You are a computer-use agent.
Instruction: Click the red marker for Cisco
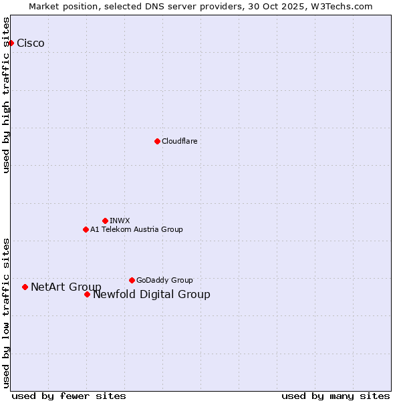coord(11,43)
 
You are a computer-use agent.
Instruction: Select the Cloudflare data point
coord(157,141)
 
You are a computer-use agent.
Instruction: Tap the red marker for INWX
coord(105,221)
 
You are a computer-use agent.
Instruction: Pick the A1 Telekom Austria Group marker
coord(86,229)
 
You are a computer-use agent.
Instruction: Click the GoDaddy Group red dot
coord(132,280)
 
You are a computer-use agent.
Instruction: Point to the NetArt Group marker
coord(25,287)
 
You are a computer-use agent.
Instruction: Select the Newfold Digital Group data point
coord(87,294)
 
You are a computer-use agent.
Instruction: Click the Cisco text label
coord(31,43)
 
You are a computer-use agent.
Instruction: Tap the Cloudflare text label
coord(180,141)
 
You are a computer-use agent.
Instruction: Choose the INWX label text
coord(120,221)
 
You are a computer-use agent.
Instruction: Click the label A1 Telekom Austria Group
coord(136,229)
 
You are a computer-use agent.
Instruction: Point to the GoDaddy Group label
coord(164,280)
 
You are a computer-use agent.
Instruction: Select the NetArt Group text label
coord(66,287)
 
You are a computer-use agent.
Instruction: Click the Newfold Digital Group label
coord(152,294)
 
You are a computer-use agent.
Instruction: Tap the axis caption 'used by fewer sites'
coord(69,396)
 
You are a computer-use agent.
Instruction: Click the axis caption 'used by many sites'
coord(336,396)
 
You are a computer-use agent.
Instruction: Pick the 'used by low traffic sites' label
coord(7,312)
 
